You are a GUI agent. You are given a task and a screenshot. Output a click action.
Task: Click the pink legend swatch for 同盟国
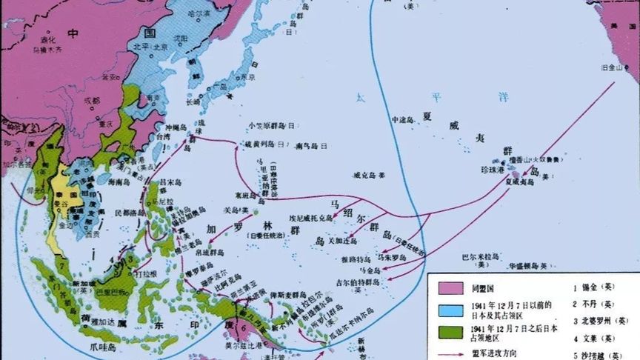(x=451, y=287)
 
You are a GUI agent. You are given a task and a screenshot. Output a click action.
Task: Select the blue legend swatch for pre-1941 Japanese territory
(x=451, y=310)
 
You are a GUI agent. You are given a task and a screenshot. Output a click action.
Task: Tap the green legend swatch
(x=451, y=333)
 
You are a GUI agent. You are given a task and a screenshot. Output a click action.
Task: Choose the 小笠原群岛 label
(x=268, y=125)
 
